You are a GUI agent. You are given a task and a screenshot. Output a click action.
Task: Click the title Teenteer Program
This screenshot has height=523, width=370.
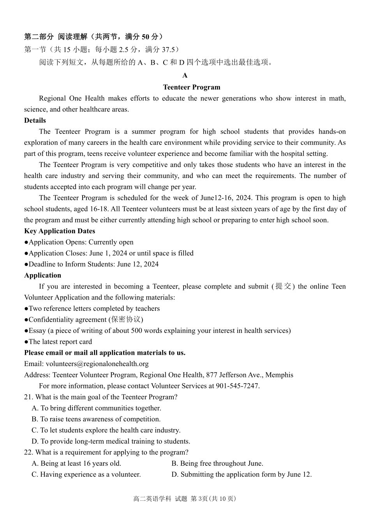[x=192, y=87]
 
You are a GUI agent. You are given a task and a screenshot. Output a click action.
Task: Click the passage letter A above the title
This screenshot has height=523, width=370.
[x=185, y=76]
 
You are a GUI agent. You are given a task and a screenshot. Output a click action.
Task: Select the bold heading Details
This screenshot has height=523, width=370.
[x=35, y=120]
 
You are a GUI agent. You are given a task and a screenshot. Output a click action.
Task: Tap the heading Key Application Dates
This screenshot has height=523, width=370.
[x=60, y=231]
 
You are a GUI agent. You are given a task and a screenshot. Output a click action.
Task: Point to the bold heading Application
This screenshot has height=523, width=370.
[x=42, y=275]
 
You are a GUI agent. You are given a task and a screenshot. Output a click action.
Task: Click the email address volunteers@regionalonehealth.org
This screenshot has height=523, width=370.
[x=97, y=364]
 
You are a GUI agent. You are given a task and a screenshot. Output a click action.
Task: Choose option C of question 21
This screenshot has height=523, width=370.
[x=106, y=430]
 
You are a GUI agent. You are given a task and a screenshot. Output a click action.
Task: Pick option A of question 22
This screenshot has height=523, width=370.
[x=76, y=463]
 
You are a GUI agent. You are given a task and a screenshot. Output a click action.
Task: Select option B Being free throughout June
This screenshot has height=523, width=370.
[x=217, y=463]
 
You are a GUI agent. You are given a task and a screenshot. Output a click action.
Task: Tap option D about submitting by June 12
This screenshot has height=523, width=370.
[x=241, y=474]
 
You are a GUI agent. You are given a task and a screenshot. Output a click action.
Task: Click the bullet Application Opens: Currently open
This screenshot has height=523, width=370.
[x=79, y=242]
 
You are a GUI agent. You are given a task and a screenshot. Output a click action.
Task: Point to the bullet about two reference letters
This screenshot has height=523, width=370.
[x=92, y=308]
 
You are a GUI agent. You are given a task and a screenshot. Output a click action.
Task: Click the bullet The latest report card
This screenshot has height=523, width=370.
[x=58, y=342]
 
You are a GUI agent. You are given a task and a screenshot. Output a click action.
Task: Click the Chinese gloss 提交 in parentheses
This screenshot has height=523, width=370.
[x=283, y=286]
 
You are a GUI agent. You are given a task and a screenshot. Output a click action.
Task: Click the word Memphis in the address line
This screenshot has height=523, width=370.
[x=280, y=375]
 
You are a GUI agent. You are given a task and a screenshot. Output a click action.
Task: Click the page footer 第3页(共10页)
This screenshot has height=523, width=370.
[x=213, y=499]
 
